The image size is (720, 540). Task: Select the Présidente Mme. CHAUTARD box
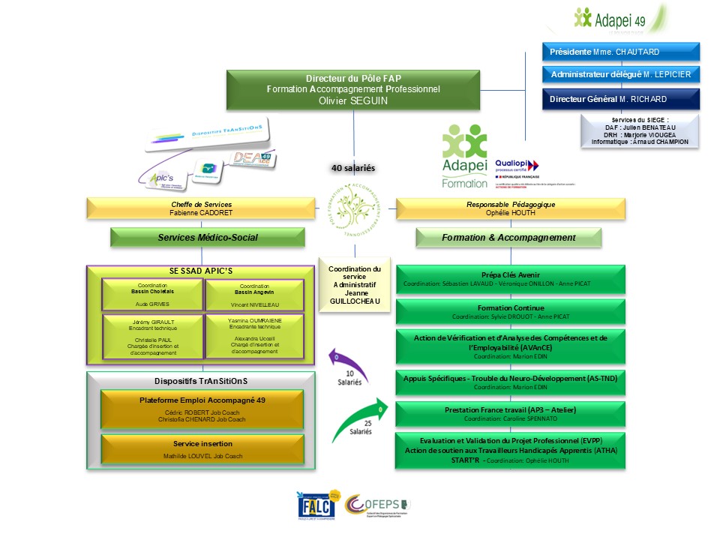click(620, 52)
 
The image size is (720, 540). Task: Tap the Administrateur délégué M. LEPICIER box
click(620, 74)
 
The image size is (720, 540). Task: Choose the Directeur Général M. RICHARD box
click(620, 99)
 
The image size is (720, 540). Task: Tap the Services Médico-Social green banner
click(208, 238)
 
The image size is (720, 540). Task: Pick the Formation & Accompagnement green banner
click(509, 238)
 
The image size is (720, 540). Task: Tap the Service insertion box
click(202, 448)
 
